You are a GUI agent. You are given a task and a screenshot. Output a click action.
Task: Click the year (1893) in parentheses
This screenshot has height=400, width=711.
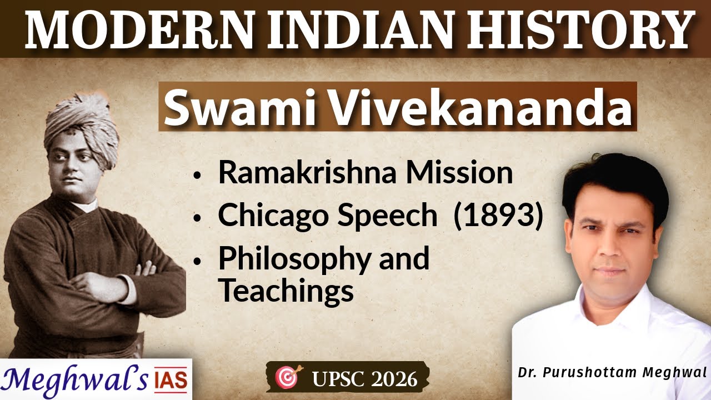click(x=498, y=216)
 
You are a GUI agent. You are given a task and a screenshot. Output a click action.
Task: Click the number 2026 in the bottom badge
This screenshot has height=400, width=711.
click(x=395, y=379)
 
